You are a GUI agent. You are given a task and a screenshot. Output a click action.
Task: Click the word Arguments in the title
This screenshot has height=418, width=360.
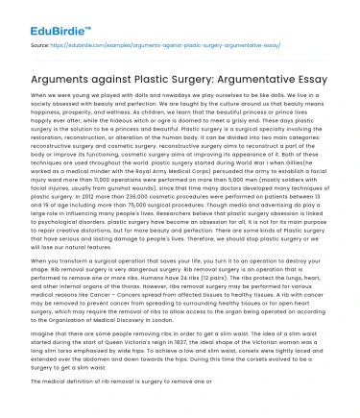[x=58, y=75]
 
